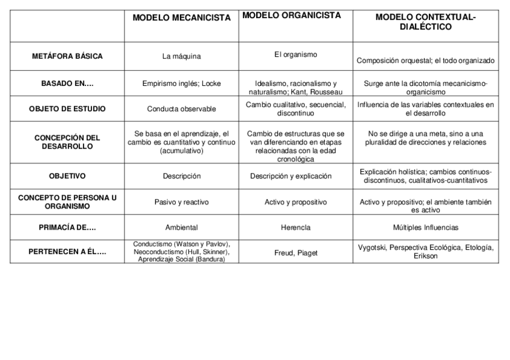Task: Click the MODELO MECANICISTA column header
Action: [182, 18]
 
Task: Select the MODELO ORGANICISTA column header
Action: [291, 15]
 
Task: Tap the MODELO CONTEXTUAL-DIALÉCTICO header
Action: [425, 22]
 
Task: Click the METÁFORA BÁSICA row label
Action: [67, 56]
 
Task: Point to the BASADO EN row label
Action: [67, 84]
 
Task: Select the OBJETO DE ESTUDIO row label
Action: [67, 109]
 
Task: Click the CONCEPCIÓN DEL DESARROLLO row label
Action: [67, 142]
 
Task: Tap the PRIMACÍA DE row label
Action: [67, 228]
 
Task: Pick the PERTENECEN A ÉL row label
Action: [67, 252]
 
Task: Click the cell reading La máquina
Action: [182, 56]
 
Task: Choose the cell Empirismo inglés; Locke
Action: [182, 84]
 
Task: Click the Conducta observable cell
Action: [182, 109]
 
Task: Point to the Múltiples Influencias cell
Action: [425, 228]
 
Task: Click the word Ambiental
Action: [182, 228]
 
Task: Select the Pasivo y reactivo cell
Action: [182, 203]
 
